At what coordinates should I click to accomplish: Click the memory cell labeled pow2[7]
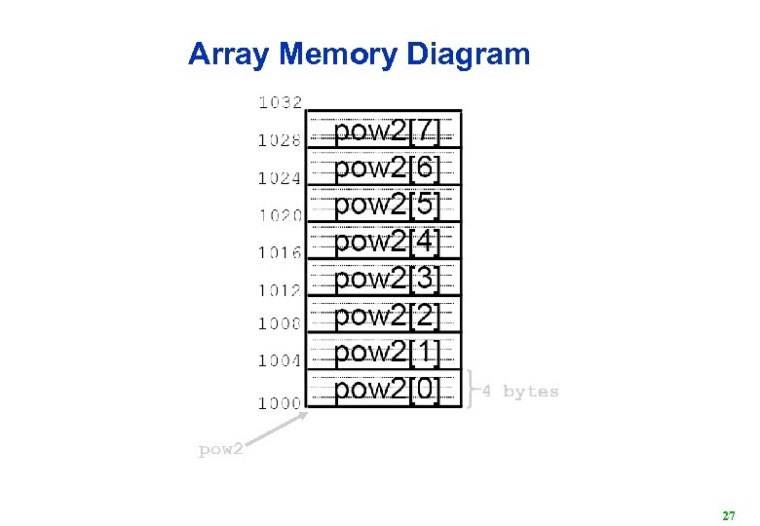tap(386, 131)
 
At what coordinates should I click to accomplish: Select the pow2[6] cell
tap(386, 168)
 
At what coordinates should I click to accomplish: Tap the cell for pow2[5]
tap(386, 205)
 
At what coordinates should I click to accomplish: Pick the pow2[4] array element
tap(386, 242)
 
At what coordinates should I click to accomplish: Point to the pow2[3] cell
tap(386, 279)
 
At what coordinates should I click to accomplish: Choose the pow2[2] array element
tap(386, 316)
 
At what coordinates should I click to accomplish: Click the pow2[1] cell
tap(386, 352)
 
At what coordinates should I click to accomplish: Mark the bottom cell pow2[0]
tap(386, 389)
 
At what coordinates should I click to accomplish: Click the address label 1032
tap(280, 101)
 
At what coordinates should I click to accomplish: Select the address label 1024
tap(280, 178)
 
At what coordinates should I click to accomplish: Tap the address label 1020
tap(280, 214)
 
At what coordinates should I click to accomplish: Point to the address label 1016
tap(280, 252)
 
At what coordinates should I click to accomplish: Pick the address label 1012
tap(280, 289)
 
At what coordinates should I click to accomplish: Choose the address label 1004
tap(280, 360)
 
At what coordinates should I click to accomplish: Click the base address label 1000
tap(280, 401)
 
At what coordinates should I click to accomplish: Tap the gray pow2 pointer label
tap(220, 450)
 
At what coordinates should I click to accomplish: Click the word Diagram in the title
tap(468, 55)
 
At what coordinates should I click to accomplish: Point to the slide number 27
tap(728, 514)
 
